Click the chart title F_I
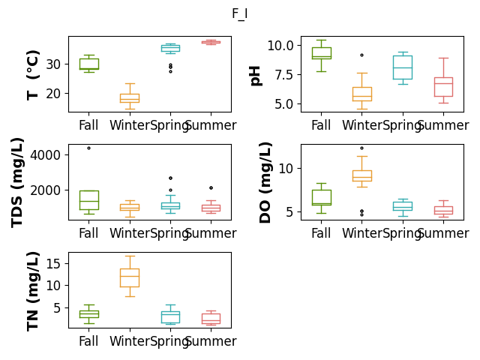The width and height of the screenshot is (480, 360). pos(240,13)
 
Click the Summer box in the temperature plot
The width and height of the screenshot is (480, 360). pos(211,42)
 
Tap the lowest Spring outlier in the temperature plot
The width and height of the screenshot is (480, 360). pos(170,72)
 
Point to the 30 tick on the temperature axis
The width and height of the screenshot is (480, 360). pos(53,64)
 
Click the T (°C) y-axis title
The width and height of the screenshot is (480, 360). pos(33,75)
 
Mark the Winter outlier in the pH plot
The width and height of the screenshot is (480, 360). pos(361,55)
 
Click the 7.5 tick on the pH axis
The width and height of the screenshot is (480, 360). pos(284,75)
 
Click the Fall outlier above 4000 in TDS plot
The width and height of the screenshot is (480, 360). pos(88,148)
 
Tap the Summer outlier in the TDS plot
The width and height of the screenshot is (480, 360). pos(211,188)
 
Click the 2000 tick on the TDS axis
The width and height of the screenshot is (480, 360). pos(45,190)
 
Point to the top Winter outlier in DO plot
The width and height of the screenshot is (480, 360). pos(361,148)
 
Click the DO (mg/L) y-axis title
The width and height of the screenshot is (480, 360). pos(265,182)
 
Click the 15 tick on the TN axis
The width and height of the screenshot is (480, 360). pos(53,263)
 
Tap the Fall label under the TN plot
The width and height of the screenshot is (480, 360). pos(88,341)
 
